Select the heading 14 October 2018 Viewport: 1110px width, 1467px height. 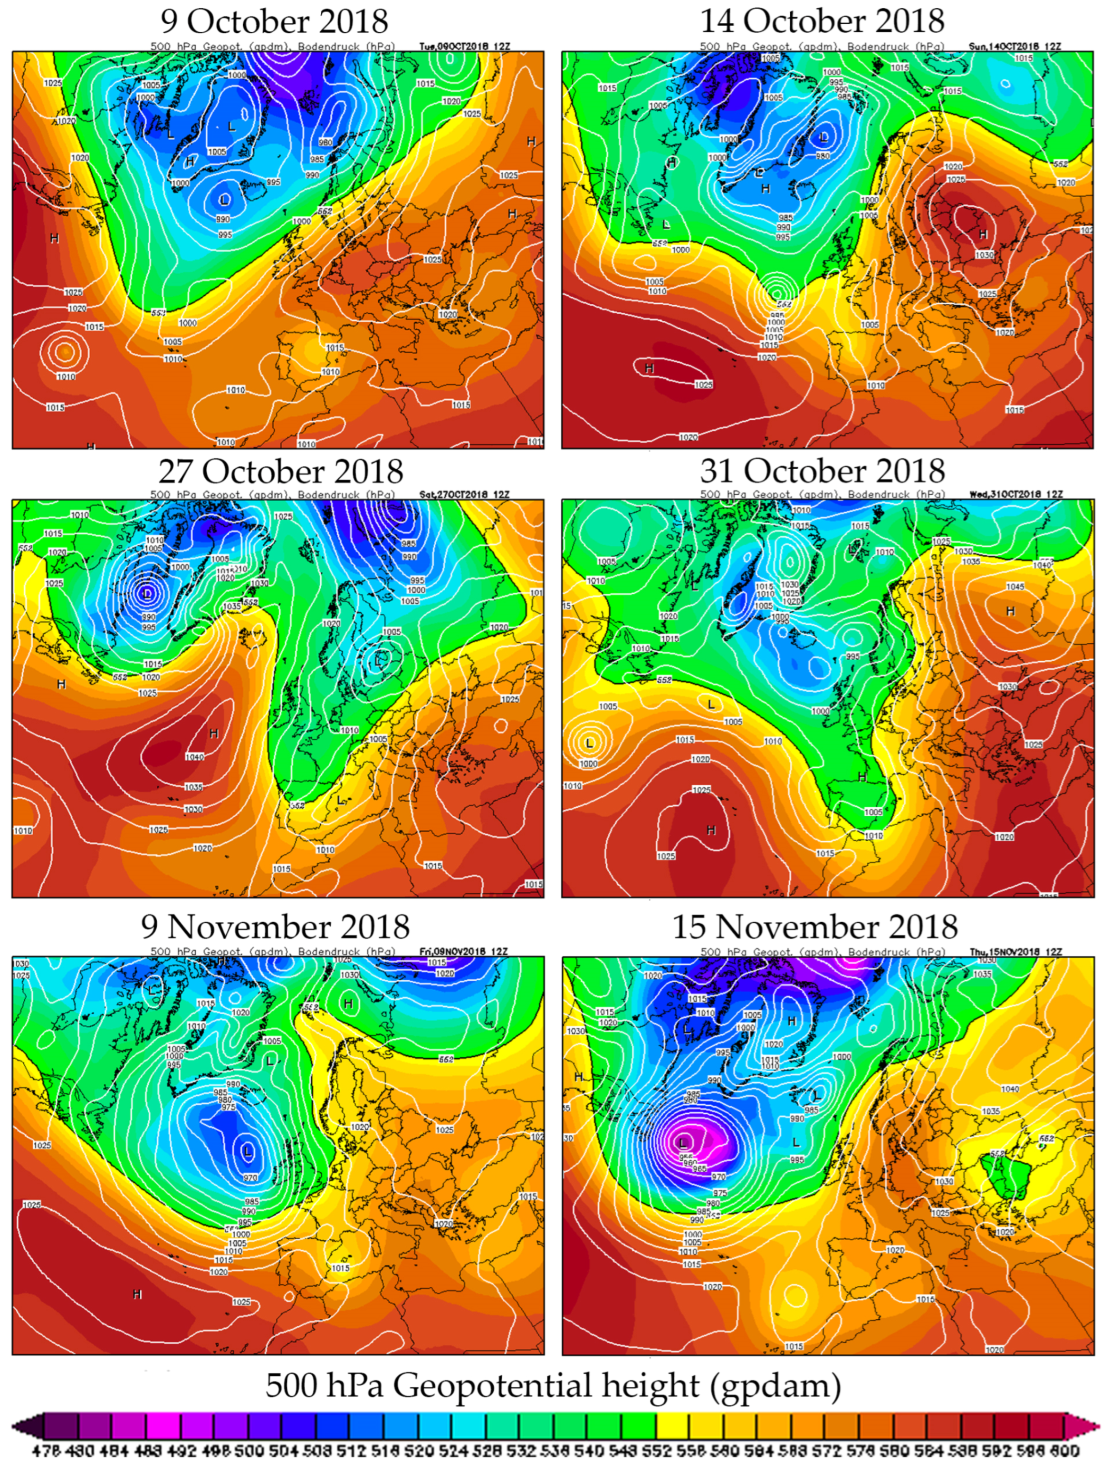tap(822, 21)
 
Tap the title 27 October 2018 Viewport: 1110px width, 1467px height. tap(280, 472)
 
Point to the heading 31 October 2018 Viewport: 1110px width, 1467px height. tap(822, 472)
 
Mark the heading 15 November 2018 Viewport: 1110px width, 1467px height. tap(815, 927)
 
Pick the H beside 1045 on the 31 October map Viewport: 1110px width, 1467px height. tap(1011, 611)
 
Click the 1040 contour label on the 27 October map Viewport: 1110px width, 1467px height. tap(194, 757)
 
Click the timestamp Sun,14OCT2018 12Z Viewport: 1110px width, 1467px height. tap(1013, 47)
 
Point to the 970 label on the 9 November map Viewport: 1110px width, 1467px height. tap(250, 1178)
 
